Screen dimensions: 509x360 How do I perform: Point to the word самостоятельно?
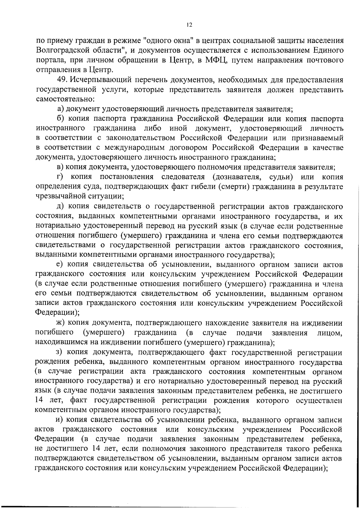[x=65, y=99]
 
